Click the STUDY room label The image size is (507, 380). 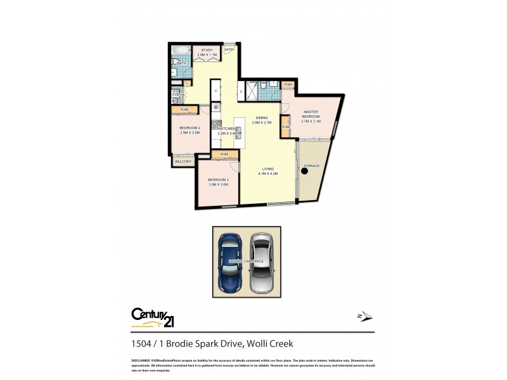(x=207, y=50)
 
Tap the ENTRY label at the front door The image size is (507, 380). (x=229, y=50)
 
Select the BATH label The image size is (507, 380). (x=181, y=63)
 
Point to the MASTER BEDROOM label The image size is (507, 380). (x=311, y=115)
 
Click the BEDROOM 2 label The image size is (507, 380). (x=190, y=129)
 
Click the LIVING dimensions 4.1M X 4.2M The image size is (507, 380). (x=268, y=172)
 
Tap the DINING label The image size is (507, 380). (x=262, y=118)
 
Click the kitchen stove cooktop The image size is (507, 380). (x=215, y=124)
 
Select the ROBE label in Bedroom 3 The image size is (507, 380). (x=224, y=155)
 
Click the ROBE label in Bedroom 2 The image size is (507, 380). (x=184, y=110)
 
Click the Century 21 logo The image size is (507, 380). (x=153, y=316)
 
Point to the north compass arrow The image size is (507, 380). (x=364, y=316)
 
